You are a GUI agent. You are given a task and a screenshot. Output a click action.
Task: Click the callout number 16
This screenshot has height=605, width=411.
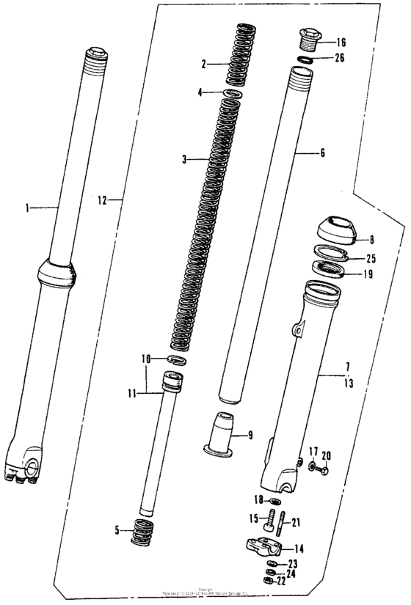(341, 43)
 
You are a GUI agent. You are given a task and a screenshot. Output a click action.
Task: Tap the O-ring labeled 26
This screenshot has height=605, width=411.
(308, 58)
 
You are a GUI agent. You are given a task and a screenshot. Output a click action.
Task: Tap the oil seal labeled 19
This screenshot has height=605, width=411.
(332, 271)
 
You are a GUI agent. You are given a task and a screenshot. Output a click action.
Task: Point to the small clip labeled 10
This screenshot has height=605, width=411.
(174, 359)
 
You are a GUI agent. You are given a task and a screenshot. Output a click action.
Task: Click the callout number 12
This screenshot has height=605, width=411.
(103, 199)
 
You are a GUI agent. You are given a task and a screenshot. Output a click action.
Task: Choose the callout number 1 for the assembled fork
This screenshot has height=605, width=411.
(29, 208)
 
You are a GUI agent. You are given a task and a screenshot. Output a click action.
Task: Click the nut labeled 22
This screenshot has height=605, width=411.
(269, 581)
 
